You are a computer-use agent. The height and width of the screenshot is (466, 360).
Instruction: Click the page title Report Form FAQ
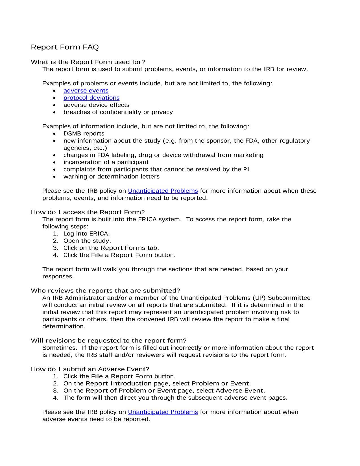coord(65,47)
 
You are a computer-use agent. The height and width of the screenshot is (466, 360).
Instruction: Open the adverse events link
coord(86,91)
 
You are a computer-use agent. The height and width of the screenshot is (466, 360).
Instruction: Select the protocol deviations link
coord(91,98)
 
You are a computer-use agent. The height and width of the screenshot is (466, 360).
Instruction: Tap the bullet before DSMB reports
coord(54,134)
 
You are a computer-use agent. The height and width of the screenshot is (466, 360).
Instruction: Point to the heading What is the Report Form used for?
coord(88,62)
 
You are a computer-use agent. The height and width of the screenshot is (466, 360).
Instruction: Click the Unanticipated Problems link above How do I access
coord(163,191)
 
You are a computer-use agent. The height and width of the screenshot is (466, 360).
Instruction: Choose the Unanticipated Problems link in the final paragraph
coord(163,412)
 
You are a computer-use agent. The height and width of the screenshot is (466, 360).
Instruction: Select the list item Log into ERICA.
coord(86,234)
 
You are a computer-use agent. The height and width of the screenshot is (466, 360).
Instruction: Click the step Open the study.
coord(87,241)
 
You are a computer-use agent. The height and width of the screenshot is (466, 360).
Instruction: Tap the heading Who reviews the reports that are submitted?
coord(105,291)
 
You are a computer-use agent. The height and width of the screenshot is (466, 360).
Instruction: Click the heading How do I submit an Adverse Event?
coord(90,369)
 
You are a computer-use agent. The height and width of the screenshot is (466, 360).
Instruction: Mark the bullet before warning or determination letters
coord(54,177)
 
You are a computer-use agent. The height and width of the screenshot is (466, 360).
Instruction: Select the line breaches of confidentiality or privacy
coord(118,112)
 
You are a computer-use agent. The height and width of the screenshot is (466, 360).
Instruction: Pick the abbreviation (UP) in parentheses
coord(259,298)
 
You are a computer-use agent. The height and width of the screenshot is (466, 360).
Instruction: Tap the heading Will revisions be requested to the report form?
coord(108,341)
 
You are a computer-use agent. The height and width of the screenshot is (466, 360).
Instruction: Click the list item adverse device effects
coord(96,105)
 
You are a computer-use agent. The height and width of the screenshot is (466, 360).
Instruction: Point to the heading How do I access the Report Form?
coord(88,212)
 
